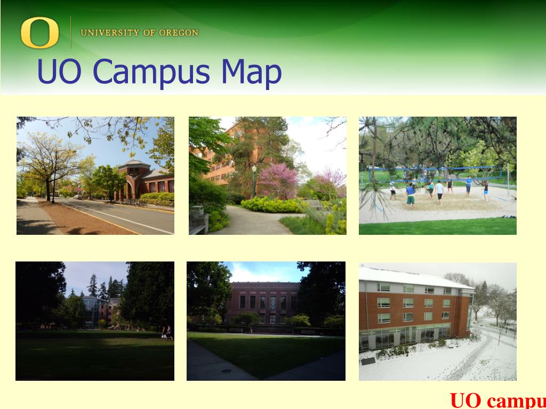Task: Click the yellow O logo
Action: click(x=39, y=32)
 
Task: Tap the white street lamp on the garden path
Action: click(x=254, y=180)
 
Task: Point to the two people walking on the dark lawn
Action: click(x=167, y=333)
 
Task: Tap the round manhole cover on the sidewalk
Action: click(x=227, y=371)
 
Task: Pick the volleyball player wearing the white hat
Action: click(x=392, y=190)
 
